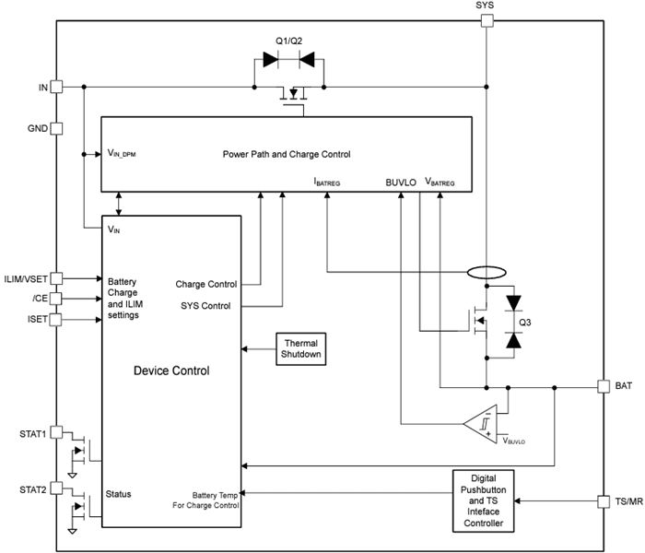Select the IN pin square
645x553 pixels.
(x=56, y=87)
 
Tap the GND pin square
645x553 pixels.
(x=56, y=129)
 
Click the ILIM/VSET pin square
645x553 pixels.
(x=56, y=276)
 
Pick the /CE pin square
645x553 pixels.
(x=56, y=299)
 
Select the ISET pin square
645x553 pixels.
(x=56, y=320)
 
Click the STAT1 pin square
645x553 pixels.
(x=56, y=431)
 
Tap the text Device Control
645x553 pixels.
(x=171, y=371)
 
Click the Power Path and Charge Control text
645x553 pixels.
(x=287, y=154)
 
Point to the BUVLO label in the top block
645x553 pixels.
(x=401, y=182)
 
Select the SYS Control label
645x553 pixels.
(x=205, y=306)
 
